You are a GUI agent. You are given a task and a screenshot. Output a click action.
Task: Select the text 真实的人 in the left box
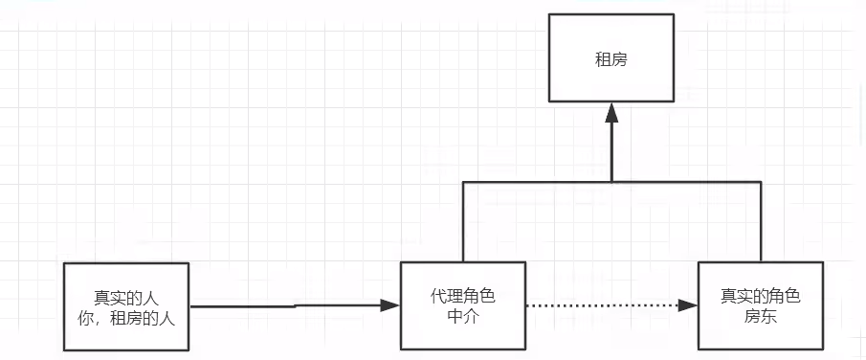point(125,296)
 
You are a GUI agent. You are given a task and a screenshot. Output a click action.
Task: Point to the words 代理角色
point(463,296)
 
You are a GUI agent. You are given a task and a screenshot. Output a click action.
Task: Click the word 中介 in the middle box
point(463,315)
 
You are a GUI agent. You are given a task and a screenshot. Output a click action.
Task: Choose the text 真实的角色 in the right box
point(760,296)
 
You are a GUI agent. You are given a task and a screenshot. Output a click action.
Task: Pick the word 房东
point(760,315)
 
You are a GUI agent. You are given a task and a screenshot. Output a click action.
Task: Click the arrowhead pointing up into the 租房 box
point(611,112)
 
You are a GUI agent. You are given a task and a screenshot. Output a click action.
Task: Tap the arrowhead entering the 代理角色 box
point(389,305)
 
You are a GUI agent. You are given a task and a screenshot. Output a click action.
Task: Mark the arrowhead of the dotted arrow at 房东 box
point(689,306)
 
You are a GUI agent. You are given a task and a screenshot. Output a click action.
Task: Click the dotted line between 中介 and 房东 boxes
point(603,306)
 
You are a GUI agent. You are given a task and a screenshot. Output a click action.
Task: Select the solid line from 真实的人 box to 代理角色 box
point(287,306)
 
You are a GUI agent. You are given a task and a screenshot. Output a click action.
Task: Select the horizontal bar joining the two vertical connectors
point(536,182)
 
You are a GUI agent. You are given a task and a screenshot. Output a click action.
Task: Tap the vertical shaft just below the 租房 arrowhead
point(611,153)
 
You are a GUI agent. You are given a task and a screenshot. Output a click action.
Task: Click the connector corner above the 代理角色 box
point(464,182)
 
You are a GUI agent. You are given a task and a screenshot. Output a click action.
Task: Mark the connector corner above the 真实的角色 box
point(761,182)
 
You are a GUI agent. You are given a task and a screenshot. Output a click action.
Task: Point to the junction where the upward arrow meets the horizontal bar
point(611,182)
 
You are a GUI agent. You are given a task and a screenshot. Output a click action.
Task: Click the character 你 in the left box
point(94,316)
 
